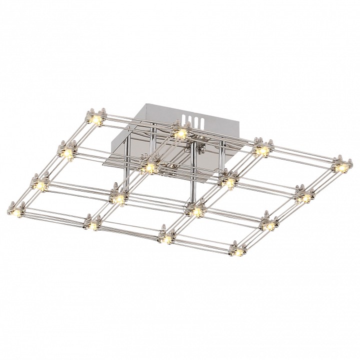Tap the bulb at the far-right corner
(341, 167)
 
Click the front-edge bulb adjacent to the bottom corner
(165, 239)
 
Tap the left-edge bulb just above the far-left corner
(40, 184)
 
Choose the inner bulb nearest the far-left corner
(119, 199)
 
